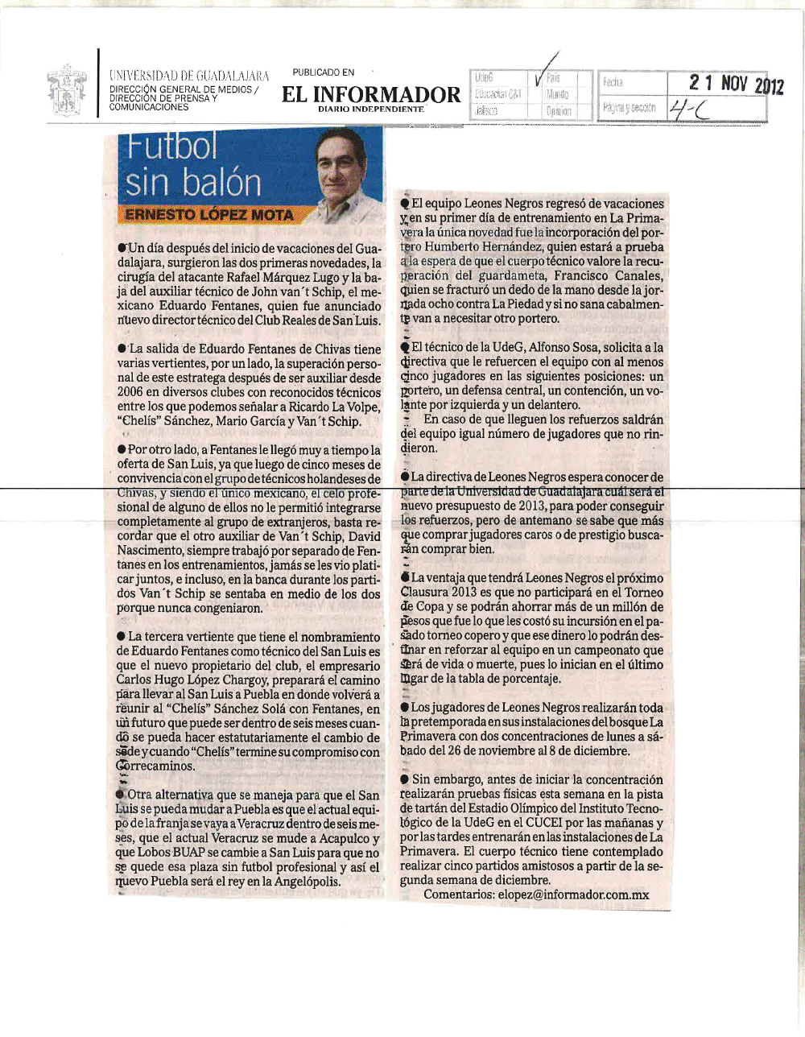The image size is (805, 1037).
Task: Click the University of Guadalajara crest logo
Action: point(67,90)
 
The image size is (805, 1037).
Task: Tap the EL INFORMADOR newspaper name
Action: point(371,94)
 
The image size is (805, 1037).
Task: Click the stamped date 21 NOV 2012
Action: point(735,83)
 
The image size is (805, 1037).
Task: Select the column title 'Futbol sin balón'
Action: point(193,166)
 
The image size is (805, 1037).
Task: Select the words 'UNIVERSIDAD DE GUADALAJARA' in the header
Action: point(189,76)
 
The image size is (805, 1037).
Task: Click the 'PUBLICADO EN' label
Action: point(323,72)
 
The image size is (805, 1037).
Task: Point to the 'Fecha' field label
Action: point(613,82)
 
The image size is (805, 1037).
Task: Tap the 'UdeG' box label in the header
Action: point(483,78)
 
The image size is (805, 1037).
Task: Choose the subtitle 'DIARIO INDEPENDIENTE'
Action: point(370,109)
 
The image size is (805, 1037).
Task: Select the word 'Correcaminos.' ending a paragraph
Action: point(156,766)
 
